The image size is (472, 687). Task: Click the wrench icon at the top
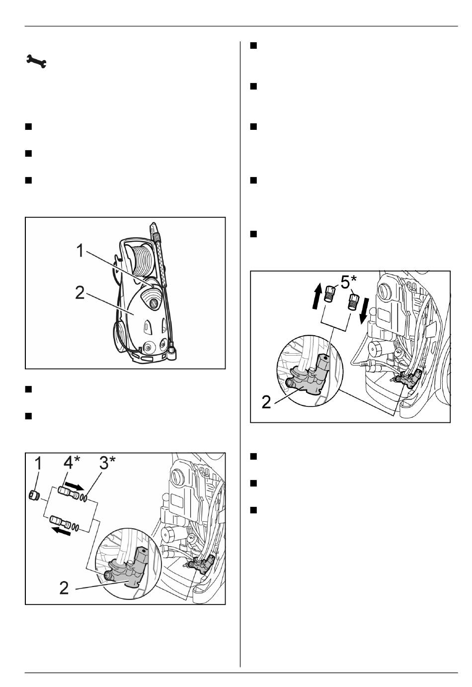coord(36,61)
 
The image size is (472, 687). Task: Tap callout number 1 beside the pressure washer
coord(80,251)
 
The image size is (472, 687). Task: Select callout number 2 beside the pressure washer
coord(79,293)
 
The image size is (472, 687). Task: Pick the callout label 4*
coord(72,463)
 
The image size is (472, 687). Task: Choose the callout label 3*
coord(108,463)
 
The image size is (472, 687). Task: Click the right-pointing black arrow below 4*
coord(74,486)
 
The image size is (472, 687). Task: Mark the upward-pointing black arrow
coord(317,296)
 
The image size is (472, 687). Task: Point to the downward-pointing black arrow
coord(363,311)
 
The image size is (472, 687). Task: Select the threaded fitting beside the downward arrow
coord(352,302)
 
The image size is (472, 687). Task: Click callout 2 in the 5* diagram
coord(266,402)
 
